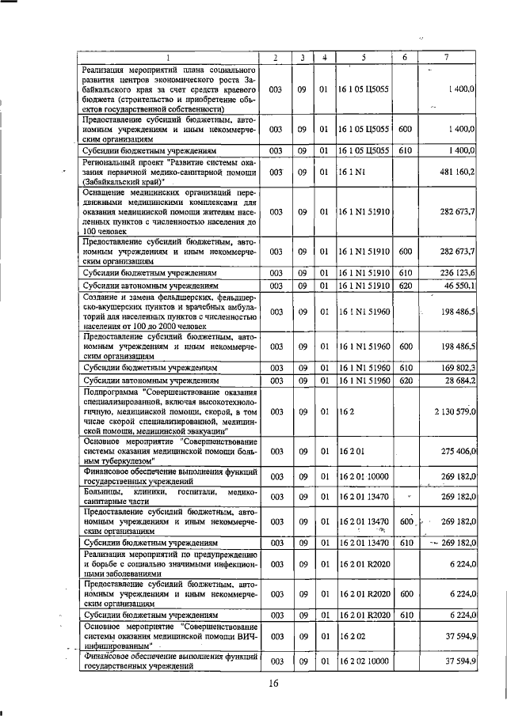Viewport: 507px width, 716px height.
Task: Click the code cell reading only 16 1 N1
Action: pos(350,172)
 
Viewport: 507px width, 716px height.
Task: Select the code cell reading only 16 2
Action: pos(345,411)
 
